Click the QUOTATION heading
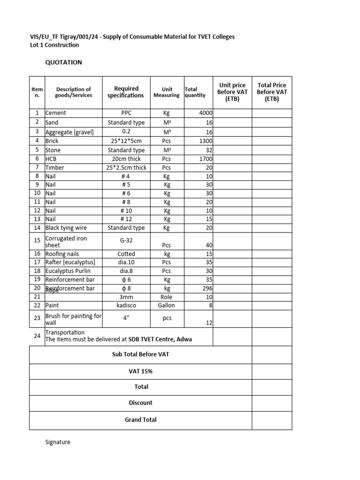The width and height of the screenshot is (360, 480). click(x=63, y=62)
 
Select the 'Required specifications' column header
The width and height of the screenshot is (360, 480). click(x=126, y=92)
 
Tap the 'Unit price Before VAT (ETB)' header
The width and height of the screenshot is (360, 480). click(x=232, y=92)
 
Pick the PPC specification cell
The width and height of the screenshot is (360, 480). click(x=126, y=113)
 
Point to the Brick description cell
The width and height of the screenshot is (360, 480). click(x=52, y=141)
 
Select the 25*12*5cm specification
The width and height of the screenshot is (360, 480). click(x=126, y=141)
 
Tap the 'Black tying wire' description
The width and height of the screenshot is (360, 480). click(x=66, y=228)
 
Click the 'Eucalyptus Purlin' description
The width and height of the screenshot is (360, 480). click(x=68, y=271)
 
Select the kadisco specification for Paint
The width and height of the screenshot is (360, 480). click(x=126, y=306)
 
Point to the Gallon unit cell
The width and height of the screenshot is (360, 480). click(x=167, y=306)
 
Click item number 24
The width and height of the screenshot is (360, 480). click(x=37, y=336)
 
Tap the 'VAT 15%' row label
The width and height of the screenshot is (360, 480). click(x=141, y=371)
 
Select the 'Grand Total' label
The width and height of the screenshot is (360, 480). click(x=141, y=420)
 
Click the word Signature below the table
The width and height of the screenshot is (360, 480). click(x=58, y=442)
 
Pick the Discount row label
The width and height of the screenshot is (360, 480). click(x=141, y=403)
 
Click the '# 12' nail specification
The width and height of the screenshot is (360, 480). click(x=126, y=219)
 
